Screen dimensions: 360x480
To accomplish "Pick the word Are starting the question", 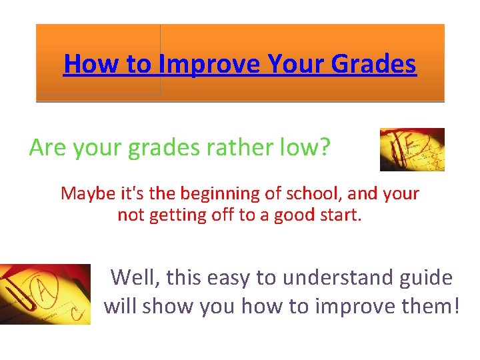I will pyautogui.click(x=47, y=147).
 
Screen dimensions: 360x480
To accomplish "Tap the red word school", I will pyautogui.click(x=311, y=193).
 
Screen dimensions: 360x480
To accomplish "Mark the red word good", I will pyautogui.click(x=296, y=215).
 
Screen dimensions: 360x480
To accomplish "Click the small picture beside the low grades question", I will pyautogui.click(x=412, y=150).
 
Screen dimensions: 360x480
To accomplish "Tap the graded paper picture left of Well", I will pyautogui.click(x=45, y=294).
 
